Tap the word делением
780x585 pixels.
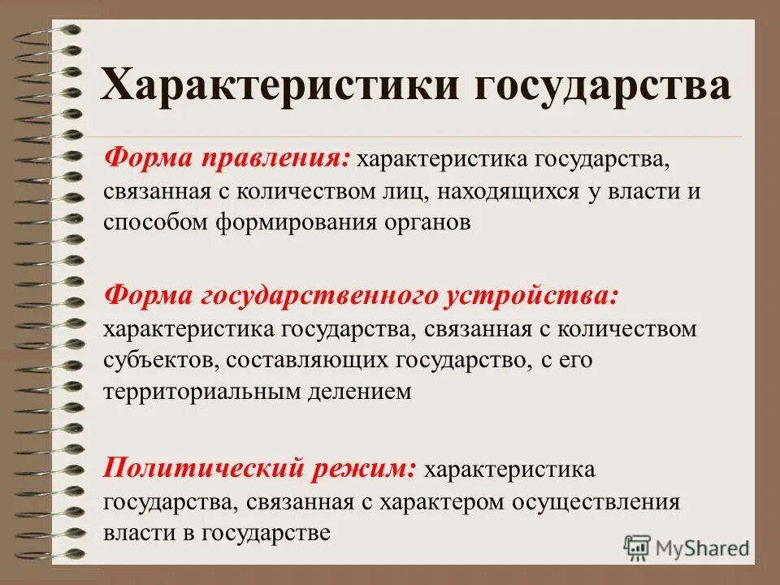[x=362, y=391]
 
